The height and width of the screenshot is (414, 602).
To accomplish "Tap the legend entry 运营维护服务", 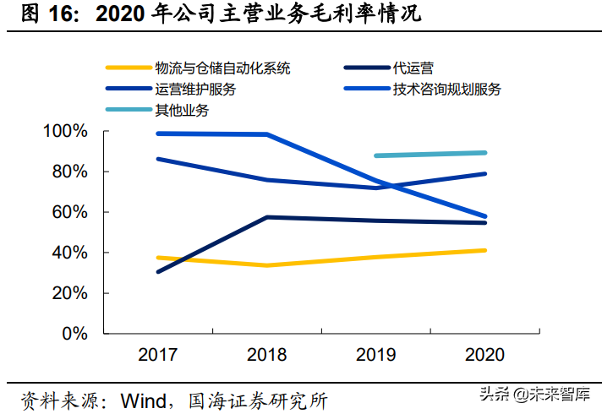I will click(195, 89).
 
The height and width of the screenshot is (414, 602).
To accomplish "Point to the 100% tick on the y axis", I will click(64, 132).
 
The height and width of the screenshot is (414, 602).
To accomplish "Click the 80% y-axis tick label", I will click(68, 172).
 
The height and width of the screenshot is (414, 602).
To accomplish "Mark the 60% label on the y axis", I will click(68, 212).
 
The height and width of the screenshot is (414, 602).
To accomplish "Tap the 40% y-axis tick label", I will click(68, 253).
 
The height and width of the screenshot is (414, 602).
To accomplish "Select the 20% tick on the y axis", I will click(68, 293).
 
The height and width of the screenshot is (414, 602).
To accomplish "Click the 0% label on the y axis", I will click(74, 334).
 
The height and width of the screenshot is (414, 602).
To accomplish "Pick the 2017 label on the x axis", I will click(158, 355).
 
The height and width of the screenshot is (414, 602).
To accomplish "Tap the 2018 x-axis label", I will click(267, 355).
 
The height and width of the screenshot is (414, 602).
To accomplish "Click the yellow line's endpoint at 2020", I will click(484, 250).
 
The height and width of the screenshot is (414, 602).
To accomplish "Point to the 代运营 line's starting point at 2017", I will click(158, 272).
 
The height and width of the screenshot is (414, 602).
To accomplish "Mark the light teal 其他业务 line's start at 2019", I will click(375, 155).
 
